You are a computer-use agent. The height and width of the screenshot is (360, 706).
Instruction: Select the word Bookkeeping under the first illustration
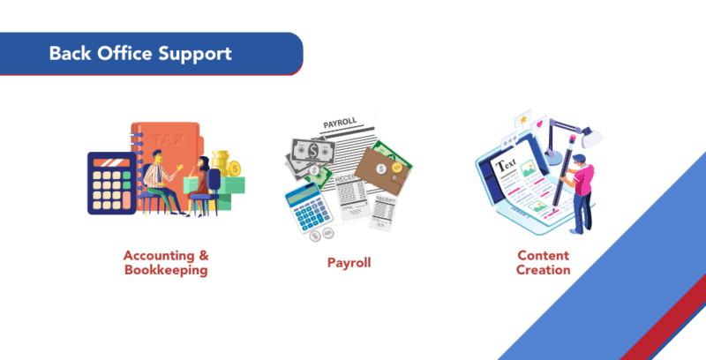coord(166,271)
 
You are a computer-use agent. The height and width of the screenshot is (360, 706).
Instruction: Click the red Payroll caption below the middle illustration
coord(349,263)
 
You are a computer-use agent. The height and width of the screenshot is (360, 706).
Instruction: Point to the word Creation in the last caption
coord(544,270)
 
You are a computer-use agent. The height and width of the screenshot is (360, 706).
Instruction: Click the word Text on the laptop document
coord(507,165)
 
